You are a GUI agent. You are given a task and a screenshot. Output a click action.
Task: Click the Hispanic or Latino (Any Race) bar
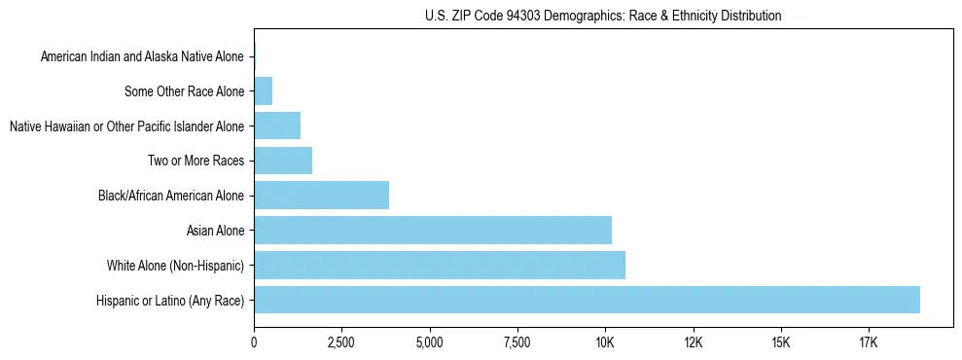(x=587, y=300)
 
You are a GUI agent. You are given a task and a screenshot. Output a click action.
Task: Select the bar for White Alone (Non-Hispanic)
(x=440, y=265)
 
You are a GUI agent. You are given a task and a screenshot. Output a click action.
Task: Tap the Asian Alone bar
(x=433, y=230)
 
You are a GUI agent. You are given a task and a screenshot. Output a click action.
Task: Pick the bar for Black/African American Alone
(x=321, y=195)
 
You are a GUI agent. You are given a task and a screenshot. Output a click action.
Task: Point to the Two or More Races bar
(x=283, y=160)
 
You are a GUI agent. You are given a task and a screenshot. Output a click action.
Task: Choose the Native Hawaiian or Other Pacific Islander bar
(x=277, y=126)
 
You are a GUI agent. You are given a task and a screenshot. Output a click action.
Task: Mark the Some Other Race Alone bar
(x=263, y=91)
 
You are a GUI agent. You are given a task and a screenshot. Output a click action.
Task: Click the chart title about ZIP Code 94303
(x=603, y=16)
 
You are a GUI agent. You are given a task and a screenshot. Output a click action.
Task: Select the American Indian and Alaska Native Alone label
(x=143, y=57)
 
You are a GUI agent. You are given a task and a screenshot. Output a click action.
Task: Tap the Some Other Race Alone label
(x=185, y=92)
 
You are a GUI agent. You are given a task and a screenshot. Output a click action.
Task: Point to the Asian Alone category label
(x=215, y=231)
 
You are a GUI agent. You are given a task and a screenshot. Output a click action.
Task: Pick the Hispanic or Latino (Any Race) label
(x=170, y=301)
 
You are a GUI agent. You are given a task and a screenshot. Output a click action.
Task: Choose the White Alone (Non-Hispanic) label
(x=175, y=266)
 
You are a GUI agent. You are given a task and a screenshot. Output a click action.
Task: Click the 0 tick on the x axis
(x=254, y=342)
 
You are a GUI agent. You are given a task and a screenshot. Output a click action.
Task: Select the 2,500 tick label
(x=341, y=342)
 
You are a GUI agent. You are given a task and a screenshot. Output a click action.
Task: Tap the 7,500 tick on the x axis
(x=517, y=342)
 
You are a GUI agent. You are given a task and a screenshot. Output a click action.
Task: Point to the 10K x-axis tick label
(x=605, y=342)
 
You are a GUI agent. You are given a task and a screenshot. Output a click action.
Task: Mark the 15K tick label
(x=780, y=342)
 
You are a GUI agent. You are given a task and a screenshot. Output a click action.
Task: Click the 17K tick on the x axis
(x=869, y=342)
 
